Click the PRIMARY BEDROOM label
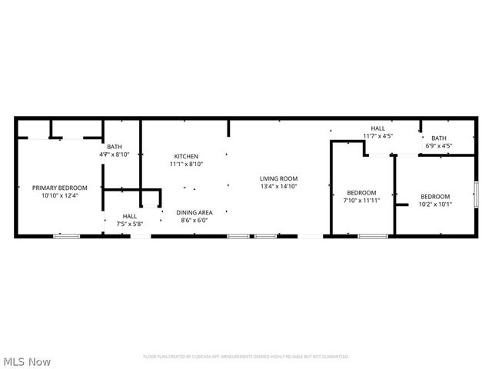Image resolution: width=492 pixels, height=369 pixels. [x=59, y=188]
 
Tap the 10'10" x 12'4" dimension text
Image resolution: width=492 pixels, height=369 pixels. [x=59, y=195]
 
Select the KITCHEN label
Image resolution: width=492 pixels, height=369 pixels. [x=186, y=156]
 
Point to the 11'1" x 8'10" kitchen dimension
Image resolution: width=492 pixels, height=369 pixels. [x=186, y=164]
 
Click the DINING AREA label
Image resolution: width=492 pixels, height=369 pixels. [x=194, y=212]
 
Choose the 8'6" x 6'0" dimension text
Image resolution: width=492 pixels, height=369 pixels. [x=194, y=221]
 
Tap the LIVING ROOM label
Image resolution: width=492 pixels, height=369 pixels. [x=278, y=178]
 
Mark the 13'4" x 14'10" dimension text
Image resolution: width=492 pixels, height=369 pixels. [x=278, y=186]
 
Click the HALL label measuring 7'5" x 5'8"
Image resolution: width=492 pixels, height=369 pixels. [x=129, y=216]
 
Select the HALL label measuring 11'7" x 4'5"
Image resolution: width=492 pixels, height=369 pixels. [x=377, y=128]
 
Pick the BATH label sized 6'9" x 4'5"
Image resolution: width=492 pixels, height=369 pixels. [x=438, y=138]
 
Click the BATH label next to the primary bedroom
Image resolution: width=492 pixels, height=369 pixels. [x=114, y=147]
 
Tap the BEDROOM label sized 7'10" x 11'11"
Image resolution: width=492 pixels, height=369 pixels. [x=361, y=192]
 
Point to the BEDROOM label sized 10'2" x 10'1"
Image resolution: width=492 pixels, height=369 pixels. [x=435, y=196]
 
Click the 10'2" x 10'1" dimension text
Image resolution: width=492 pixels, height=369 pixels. [x=435, y=204]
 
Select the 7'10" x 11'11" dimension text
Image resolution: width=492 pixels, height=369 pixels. [x=361, y=201]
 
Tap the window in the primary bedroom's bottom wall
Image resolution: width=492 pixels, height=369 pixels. [x=66, y=236]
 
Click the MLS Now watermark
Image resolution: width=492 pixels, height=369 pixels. [x=28, y=361]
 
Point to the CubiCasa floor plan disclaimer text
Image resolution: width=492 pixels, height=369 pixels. [x=246, y=357]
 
